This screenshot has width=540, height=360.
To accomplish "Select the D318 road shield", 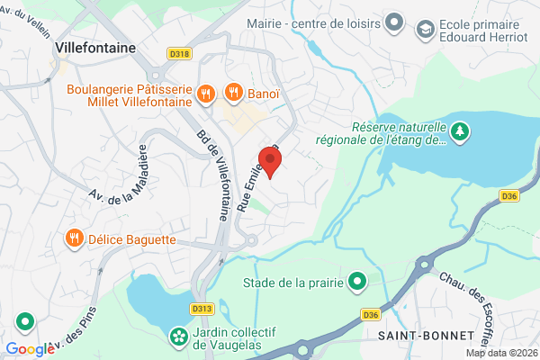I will (180, 53).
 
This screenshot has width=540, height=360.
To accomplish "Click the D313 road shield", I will (202, 308).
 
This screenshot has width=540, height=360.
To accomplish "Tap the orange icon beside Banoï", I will (233, 91).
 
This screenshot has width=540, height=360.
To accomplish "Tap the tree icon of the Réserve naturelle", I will (460, 132).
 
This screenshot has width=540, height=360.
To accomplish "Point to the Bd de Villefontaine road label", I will (211, 176).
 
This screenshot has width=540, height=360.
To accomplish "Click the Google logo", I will (30, 349).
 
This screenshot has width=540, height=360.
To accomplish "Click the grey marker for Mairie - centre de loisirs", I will (392, 21).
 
